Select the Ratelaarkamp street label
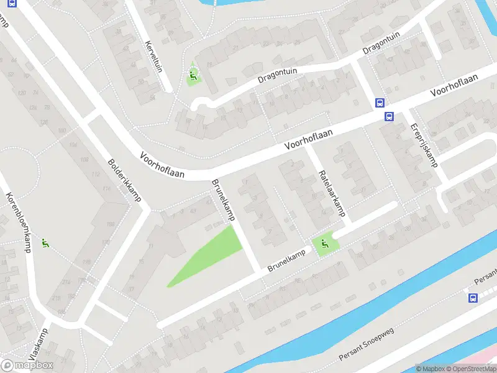[331, 193]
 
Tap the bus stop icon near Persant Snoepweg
[473, 298]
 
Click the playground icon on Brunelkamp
[323, 246]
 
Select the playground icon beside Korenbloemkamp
[44, 243]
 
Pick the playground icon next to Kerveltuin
[193, 77]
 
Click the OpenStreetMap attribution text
[470, 369]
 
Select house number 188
[111, 224]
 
